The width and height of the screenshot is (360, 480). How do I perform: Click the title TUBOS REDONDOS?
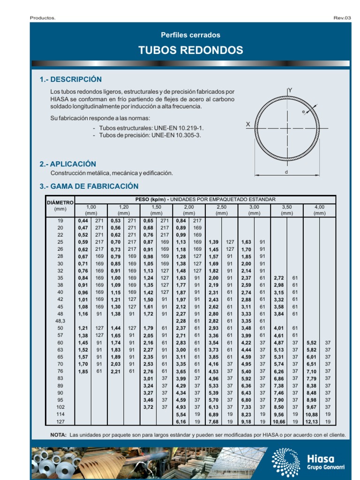click(190, 51)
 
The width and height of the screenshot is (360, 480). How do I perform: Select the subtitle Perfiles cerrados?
click(190, 35)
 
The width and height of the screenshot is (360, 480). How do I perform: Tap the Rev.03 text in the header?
click(342, 18)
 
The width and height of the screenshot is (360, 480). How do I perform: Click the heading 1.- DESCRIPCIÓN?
click(71, 79)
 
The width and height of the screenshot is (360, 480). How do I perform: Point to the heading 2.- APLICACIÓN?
click(68, 164)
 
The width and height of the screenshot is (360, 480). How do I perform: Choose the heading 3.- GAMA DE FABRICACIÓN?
click(89, 187)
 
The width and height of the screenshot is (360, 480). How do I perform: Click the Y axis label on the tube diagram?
click(290, 90)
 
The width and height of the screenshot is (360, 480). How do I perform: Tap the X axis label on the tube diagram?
click(247, 125)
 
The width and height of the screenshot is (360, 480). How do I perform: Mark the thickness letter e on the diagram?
click(303, 112)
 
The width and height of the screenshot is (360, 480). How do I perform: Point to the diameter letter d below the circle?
click(286, 172)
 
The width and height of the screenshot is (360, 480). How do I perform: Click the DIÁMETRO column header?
click(60, 202)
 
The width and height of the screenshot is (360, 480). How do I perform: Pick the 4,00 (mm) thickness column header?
click(319, 210)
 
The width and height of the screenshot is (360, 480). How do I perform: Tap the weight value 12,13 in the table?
click(311, 422)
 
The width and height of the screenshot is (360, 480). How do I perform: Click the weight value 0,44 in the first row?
click(83, 221)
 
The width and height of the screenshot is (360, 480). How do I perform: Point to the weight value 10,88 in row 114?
click(311, 415)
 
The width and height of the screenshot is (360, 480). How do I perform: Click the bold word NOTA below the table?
click(58, 435)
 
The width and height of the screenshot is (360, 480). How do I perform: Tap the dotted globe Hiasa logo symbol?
click(286, 461)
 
